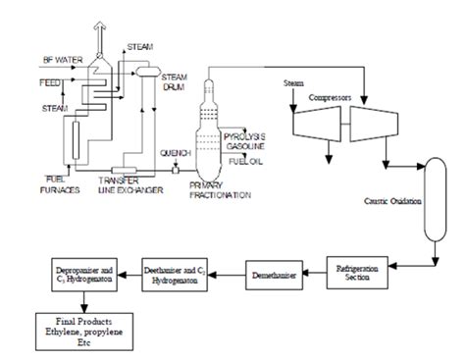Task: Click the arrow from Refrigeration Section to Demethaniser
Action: click(316, 266)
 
